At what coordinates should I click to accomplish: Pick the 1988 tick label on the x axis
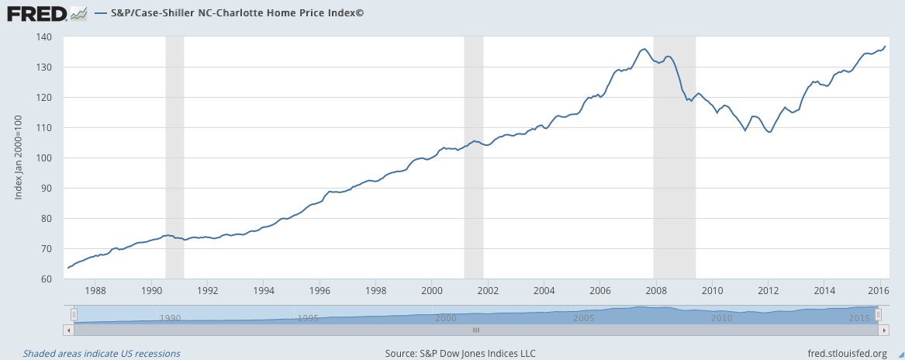[95, 292]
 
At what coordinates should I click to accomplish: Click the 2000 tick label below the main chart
[431, 292]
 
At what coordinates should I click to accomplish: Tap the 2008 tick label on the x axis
[655, 292]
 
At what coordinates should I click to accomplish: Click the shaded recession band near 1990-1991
[174, 155]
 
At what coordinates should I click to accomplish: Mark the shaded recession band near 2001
[473, 155]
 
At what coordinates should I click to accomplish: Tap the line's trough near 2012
[769, 133]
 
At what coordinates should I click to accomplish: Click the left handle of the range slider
[74, 314]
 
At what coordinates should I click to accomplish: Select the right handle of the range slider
[879, 314]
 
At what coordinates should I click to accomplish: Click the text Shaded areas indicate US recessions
[102, 354]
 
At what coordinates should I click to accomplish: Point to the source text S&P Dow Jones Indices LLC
[460, 354]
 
